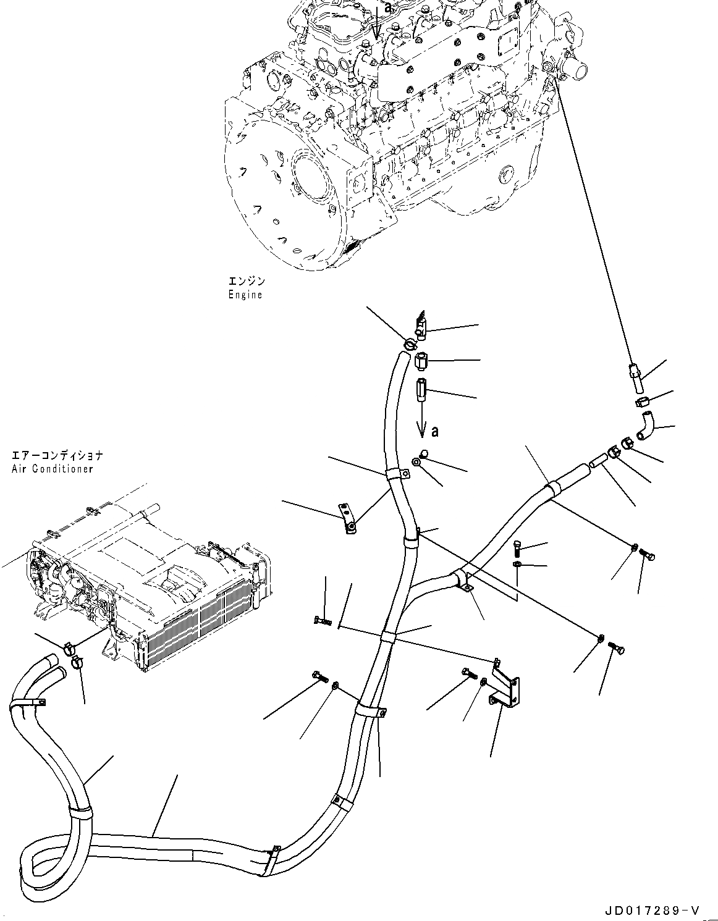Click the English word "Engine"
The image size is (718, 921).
pyautogui.click(x=245, y=295)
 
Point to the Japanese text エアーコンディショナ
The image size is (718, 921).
pyautogui.click(x=56, y=456)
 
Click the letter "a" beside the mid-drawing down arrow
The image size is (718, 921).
pyautogui.click(x=435, y=431)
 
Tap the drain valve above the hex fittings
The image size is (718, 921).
pyautogui.click(x=421, y=325)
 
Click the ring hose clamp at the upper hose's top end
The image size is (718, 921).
pyautogui.click(x=408, y=343)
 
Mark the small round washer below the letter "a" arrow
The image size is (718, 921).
pyautogui.click(x=418, y=461)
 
